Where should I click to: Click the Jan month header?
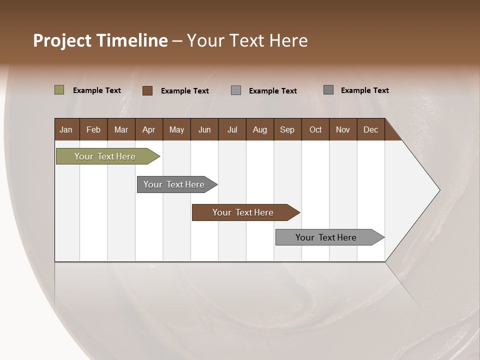[x=66, y=129]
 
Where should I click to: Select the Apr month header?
[x=148, y=129]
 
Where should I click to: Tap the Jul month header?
[x=232, y=129]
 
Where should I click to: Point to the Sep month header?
[x=287, y=129]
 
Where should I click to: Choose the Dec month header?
[x=370, y=129]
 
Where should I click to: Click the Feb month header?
[x=93, y=129]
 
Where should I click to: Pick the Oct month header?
[x=315, y=129]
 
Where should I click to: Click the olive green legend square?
[x=59, y=90]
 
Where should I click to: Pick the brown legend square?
[x=147, y=90]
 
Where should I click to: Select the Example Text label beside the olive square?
[x=97, y=90]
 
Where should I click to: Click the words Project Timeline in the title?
[x=100, y=40]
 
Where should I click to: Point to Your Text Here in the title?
[x=247, y=40]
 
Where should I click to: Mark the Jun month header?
[x=204, y=129]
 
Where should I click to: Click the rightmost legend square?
[x=328, y=90]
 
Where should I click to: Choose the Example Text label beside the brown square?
[x=185, y=91]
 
